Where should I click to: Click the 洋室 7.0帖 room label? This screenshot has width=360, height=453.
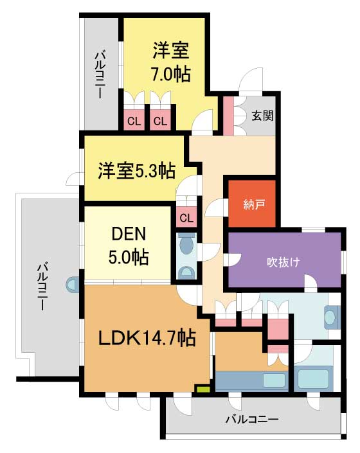(171, 62)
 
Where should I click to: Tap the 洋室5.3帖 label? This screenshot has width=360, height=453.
(136, 171)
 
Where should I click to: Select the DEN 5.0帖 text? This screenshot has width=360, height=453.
(129, 245)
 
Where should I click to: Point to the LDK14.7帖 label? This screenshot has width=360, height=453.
(147, 337)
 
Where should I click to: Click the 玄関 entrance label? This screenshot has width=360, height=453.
(262, 116)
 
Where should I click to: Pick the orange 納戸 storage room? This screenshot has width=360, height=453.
(251, 204)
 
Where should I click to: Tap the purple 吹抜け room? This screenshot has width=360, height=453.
(285, 260)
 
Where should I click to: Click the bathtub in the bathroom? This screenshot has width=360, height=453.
(314, 378)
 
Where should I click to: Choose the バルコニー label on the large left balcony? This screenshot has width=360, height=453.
(42, 286)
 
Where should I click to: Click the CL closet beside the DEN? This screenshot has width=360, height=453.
(186, 217)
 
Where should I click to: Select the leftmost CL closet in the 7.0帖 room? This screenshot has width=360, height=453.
(134, 121)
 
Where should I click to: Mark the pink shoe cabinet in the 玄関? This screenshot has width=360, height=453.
(229, 116)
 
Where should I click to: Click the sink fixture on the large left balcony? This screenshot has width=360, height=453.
(72, 284)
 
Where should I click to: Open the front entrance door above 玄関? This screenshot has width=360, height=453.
(251, 80)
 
